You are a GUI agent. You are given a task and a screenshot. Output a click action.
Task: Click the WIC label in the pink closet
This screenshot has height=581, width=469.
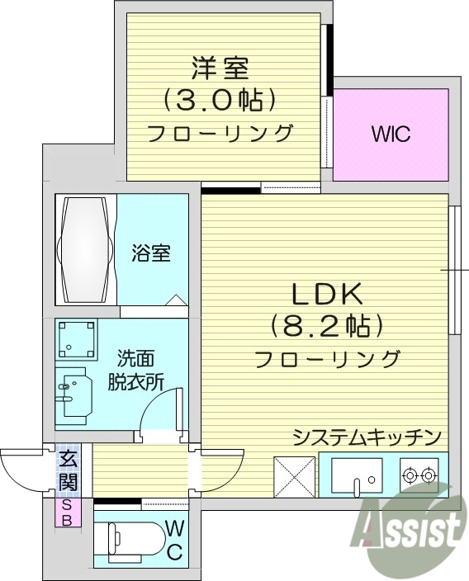pyautogui.click(x=391, y=135)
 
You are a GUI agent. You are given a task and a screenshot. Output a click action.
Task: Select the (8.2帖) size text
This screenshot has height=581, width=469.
pyautogui.click(x=325, y=328)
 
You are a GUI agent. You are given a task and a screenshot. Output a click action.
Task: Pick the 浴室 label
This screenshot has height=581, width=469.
pyautogui.click(x=151, y=253)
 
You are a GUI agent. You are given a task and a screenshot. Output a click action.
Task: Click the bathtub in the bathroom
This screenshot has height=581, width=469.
pyautogui.click(x=87, y=250)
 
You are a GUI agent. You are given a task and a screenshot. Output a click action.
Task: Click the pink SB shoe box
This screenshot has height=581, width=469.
pyautogui.click(x=68, y=512)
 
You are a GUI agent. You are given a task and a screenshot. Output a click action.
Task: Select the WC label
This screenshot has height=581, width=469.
pyautogui.click(x=174, y=540)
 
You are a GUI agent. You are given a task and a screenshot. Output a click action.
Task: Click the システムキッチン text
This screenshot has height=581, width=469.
pyautogui.click(x=367, y=437)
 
